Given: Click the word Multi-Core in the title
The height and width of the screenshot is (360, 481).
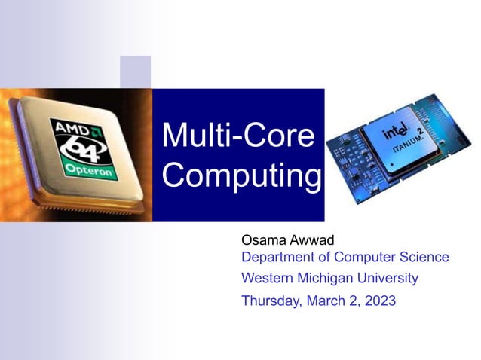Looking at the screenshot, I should [x=237, y=136].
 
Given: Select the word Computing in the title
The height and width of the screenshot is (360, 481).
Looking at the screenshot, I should [x=241, y=175].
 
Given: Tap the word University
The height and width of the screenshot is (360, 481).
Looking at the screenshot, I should [x=390, y=278].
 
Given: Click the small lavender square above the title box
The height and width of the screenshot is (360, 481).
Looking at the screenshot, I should [x=135, y=72].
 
